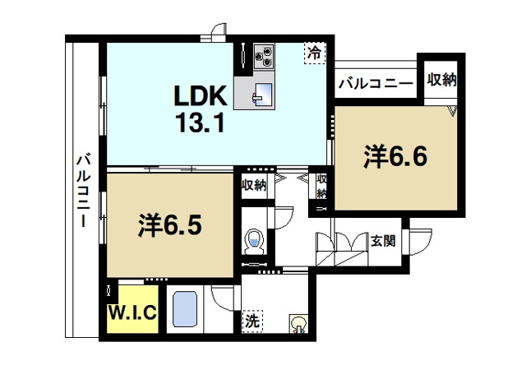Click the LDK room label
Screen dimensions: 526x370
tap(200, 96)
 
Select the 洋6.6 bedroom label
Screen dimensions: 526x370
tap(395, 156)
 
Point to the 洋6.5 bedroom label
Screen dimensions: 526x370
tap(170, 225)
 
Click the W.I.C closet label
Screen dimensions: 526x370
tap(132, 312)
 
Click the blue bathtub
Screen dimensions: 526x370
tap(184, 308)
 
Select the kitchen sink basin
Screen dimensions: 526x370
tap(263, 94)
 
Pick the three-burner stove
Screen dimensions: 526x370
tap(263, 57)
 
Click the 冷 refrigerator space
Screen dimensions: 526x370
tap(315, 53)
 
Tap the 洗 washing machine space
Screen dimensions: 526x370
tap(252, 321)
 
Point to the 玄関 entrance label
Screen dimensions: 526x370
tap(383, 241)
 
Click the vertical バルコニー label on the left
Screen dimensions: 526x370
tap(83, 190)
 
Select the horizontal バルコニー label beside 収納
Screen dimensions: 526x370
tap(375, 84)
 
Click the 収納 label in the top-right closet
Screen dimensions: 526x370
tap(441, 80)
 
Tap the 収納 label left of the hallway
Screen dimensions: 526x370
tap(254, 185)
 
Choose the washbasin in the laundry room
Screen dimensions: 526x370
tap(298, 324)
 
